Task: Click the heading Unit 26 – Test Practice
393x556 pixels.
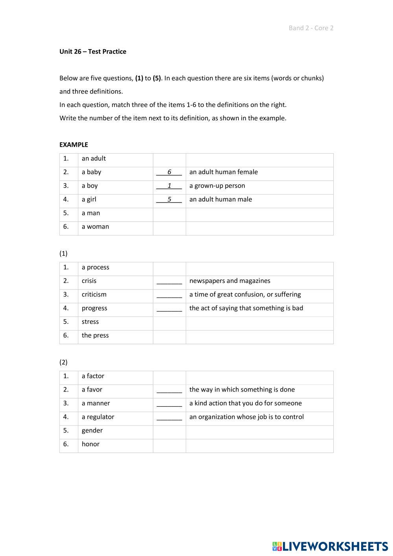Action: [93, 52]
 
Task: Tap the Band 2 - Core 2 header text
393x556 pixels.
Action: [311, 28]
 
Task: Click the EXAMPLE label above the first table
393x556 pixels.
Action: [73, 145]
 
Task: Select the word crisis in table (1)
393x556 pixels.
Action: [89, 281]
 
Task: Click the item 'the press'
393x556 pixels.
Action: [95, 335]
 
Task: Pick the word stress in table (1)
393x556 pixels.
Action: [90, 322]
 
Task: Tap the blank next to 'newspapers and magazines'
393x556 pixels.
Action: [169, 282]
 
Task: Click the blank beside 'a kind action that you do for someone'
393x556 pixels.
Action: [169, 404]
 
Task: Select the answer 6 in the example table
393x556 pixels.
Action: [169, 172]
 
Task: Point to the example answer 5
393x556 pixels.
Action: [169, 199]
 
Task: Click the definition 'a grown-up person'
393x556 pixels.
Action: [217, 186]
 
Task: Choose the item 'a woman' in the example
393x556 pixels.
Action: [95, 226]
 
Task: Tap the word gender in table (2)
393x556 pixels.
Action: [92, 431]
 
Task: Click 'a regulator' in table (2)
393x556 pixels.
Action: [98, 417]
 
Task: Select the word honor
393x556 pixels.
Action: [90, 444]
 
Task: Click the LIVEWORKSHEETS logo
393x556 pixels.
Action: [330, 546]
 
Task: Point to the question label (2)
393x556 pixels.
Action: [63, 362]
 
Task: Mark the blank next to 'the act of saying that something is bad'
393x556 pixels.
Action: [169, 309]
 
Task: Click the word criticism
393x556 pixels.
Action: [94, 295]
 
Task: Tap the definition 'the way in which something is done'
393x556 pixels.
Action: [242, 390]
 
